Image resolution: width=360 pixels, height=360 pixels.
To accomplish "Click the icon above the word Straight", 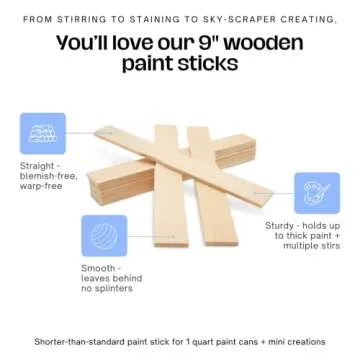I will (41, 134).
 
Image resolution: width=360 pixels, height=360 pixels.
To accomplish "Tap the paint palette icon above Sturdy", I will (316, 194).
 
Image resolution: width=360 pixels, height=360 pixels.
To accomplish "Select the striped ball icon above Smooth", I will (103, 237).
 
